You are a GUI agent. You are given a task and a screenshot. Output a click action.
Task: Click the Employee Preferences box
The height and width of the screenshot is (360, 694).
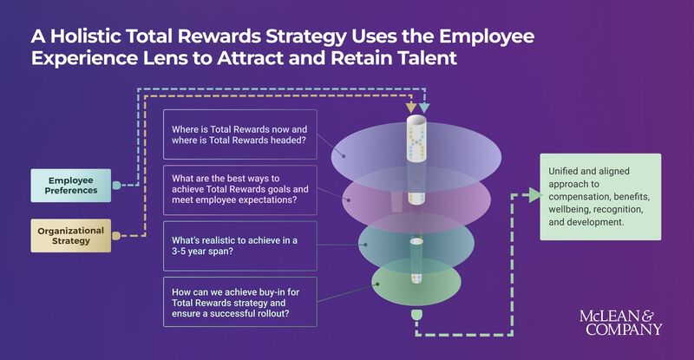click(x=74, y=186)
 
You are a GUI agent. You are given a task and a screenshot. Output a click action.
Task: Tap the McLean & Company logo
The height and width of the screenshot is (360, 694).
click(x=620, y=322)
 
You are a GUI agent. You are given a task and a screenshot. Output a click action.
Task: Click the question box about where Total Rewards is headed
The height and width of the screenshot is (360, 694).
click(x=239, y=135)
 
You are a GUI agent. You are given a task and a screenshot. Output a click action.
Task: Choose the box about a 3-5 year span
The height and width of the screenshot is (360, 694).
click(x=239, y=245)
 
